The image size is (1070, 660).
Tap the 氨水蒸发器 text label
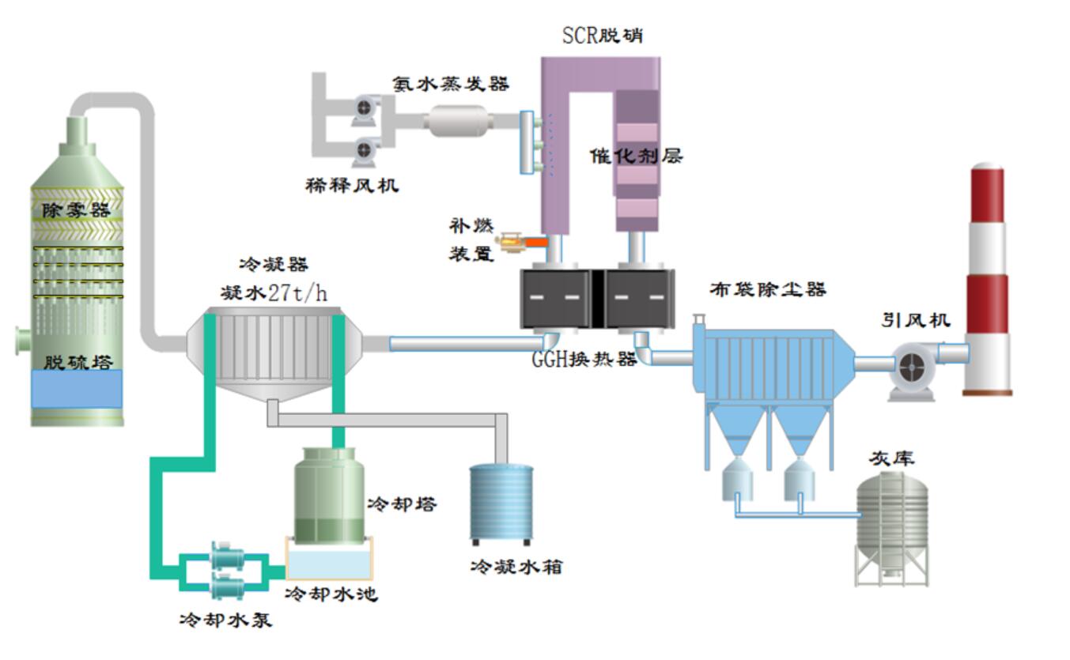click(451, 84)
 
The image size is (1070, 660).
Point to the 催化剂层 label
click(637, 156)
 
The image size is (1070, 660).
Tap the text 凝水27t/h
click(274, 293)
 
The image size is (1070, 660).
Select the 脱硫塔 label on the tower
click(78, 362)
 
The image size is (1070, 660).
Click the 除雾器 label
click(76, 209)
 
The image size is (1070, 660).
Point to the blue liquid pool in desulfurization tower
click(77, 389)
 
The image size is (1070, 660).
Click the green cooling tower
click(329, 495)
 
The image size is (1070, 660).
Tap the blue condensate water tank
click(501, 502)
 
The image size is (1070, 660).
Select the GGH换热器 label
click(584, 358)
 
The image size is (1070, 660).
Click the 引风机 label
click(916, 320)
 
